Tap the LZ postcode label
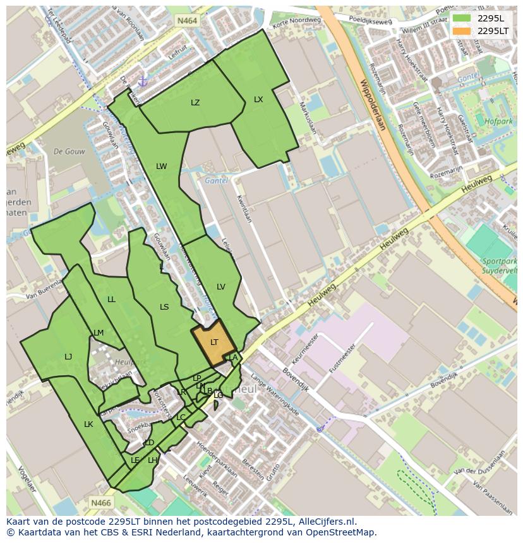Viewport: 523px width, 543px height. pyautogui.click(x=195, y=103)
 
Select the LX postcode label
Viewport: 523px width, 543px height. pyautogui.click(x=258, y=100)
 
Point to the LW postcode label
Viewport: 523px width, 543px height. pyautogui.click(x=162, y=166)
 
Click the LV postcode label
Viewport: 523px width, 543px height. pyautogui.click(x=221, y=287)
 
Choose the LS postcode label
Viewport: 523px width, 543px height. pyautogui.click(x=164, y=307)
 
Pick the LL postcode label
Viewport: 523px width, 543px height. pyautogui.click(x=112, y=300)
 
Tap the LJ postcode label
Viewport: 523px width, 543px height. pyautogui.click(x=68, y=357)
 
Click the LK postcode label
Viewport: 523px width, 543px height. pyautogui.click(x=88, y=424)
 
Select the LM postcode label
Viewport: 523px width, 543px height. pyautogui.click(x=99, y=333)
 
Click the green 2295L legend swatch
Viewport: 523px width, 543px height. pyautogui.click(x=462, y=18)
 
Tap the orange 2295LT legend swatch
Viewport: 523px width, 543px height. pyautogui.click(x=462, y=31)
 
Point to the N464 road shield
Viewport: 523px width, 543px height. pyautogui.click(x=187, y=21)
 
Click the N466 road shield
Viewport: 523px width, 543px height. pyautogui.click(x=100, y=503)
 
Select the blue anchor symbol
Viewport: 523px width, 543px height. pyautogui.click(x=143, y=81)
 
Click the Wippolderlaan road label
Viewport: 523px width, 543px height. pyautogui.click(x=373, y=105)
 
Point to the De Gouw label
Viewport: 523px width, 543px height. pyautogui.click(x=69, y=151)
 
